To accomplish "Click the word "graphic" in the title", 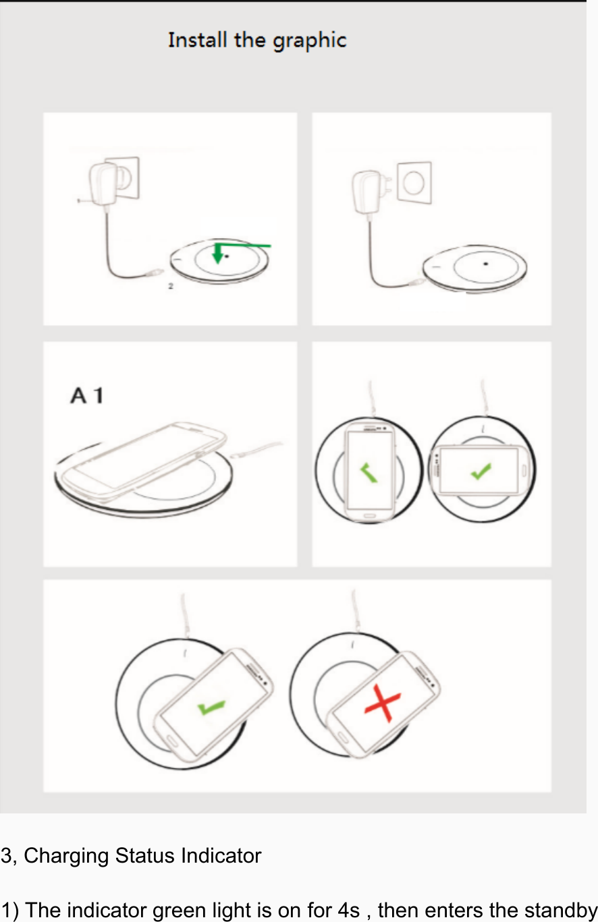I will (x=309, y=41).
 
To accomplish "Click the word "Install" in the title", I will (x=198, y=40).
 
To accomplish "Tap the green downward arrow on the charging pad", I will (x=217, y=254).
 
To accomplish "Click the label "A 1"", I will (x=86, y=395).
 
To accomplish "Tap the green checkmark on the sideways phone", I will (x=481, y=471).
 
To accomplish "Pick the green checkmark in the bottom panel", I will (x=211, y=708).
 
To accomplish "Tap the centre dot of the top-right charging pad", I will (x=485, y=264).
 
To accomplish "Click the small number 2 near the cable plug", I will (x=171, y=286).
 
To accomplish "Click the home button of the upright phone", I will (x=369, y=517).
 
